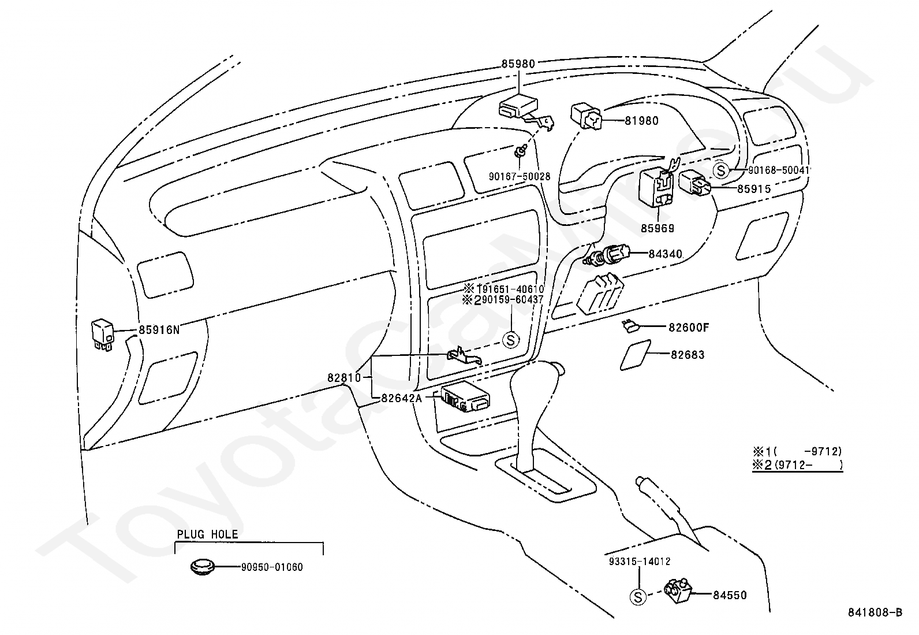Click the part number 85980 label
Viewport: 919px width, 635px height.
pos(518,64)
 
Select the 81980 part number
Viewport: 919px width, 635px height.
pos(642,121)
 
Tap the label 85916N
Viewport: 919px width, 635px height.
pos(159,330)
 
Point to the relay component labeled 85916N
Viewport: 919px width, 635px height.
pos(102,335)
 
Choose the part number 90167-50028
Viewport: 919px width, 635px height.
pos(520,177)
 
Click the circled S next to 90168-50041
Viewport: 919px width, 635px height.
pos(721,170)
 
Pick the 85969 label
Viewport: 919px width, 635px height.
pos(658,228)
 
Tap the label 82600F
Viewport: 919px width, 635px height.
pos(689,328)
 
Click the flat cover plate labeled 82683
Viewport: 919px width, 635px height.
pos(635,355)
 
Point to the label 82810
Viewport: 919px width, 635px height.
pos(344,377)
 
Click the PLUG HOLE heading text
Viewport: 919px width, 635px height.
pos(207,534)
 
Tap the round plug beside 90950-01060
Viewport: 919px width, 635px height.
pos(202,567)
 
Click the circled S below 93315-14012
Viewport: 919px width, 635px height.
pos(637,597)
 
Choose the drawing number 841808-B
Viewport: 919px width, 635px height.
pos(875,612)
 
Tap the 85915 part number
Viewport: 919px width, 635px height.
pos(754,189)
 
